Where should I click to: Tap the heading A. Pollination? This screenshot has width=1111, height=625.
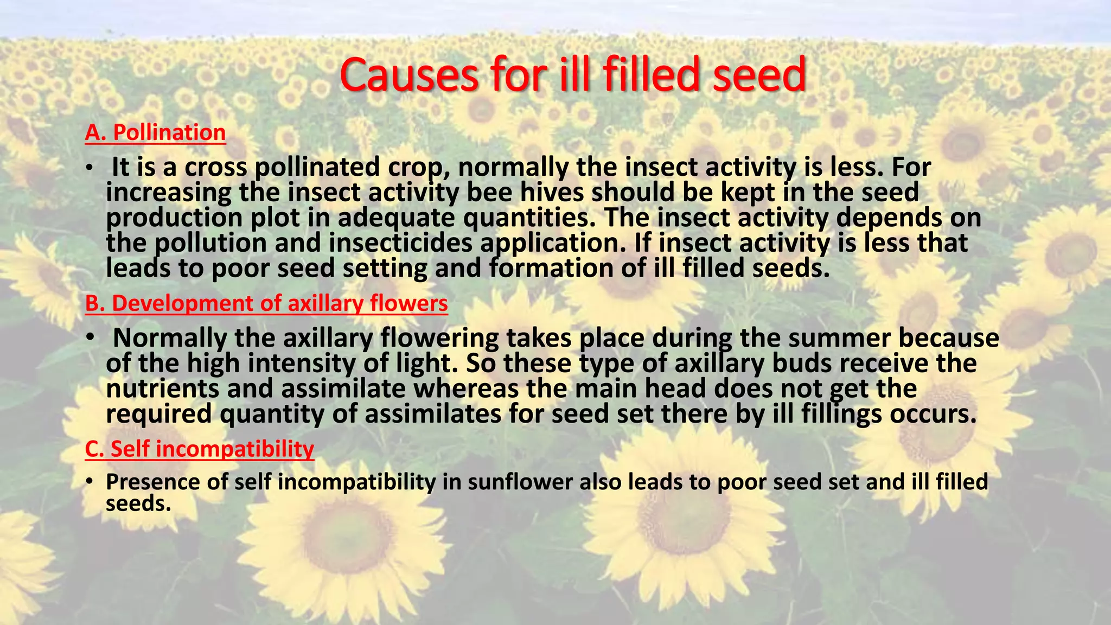(x=155, y=133)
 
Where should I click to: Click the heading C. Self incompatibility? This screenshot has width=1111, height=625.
(x=200, y=449)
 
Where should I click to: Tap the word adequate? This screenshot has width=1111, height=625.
(x=396, y=218)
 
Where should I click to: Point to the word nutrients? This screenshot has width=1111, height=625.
(x=162, y=389)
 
